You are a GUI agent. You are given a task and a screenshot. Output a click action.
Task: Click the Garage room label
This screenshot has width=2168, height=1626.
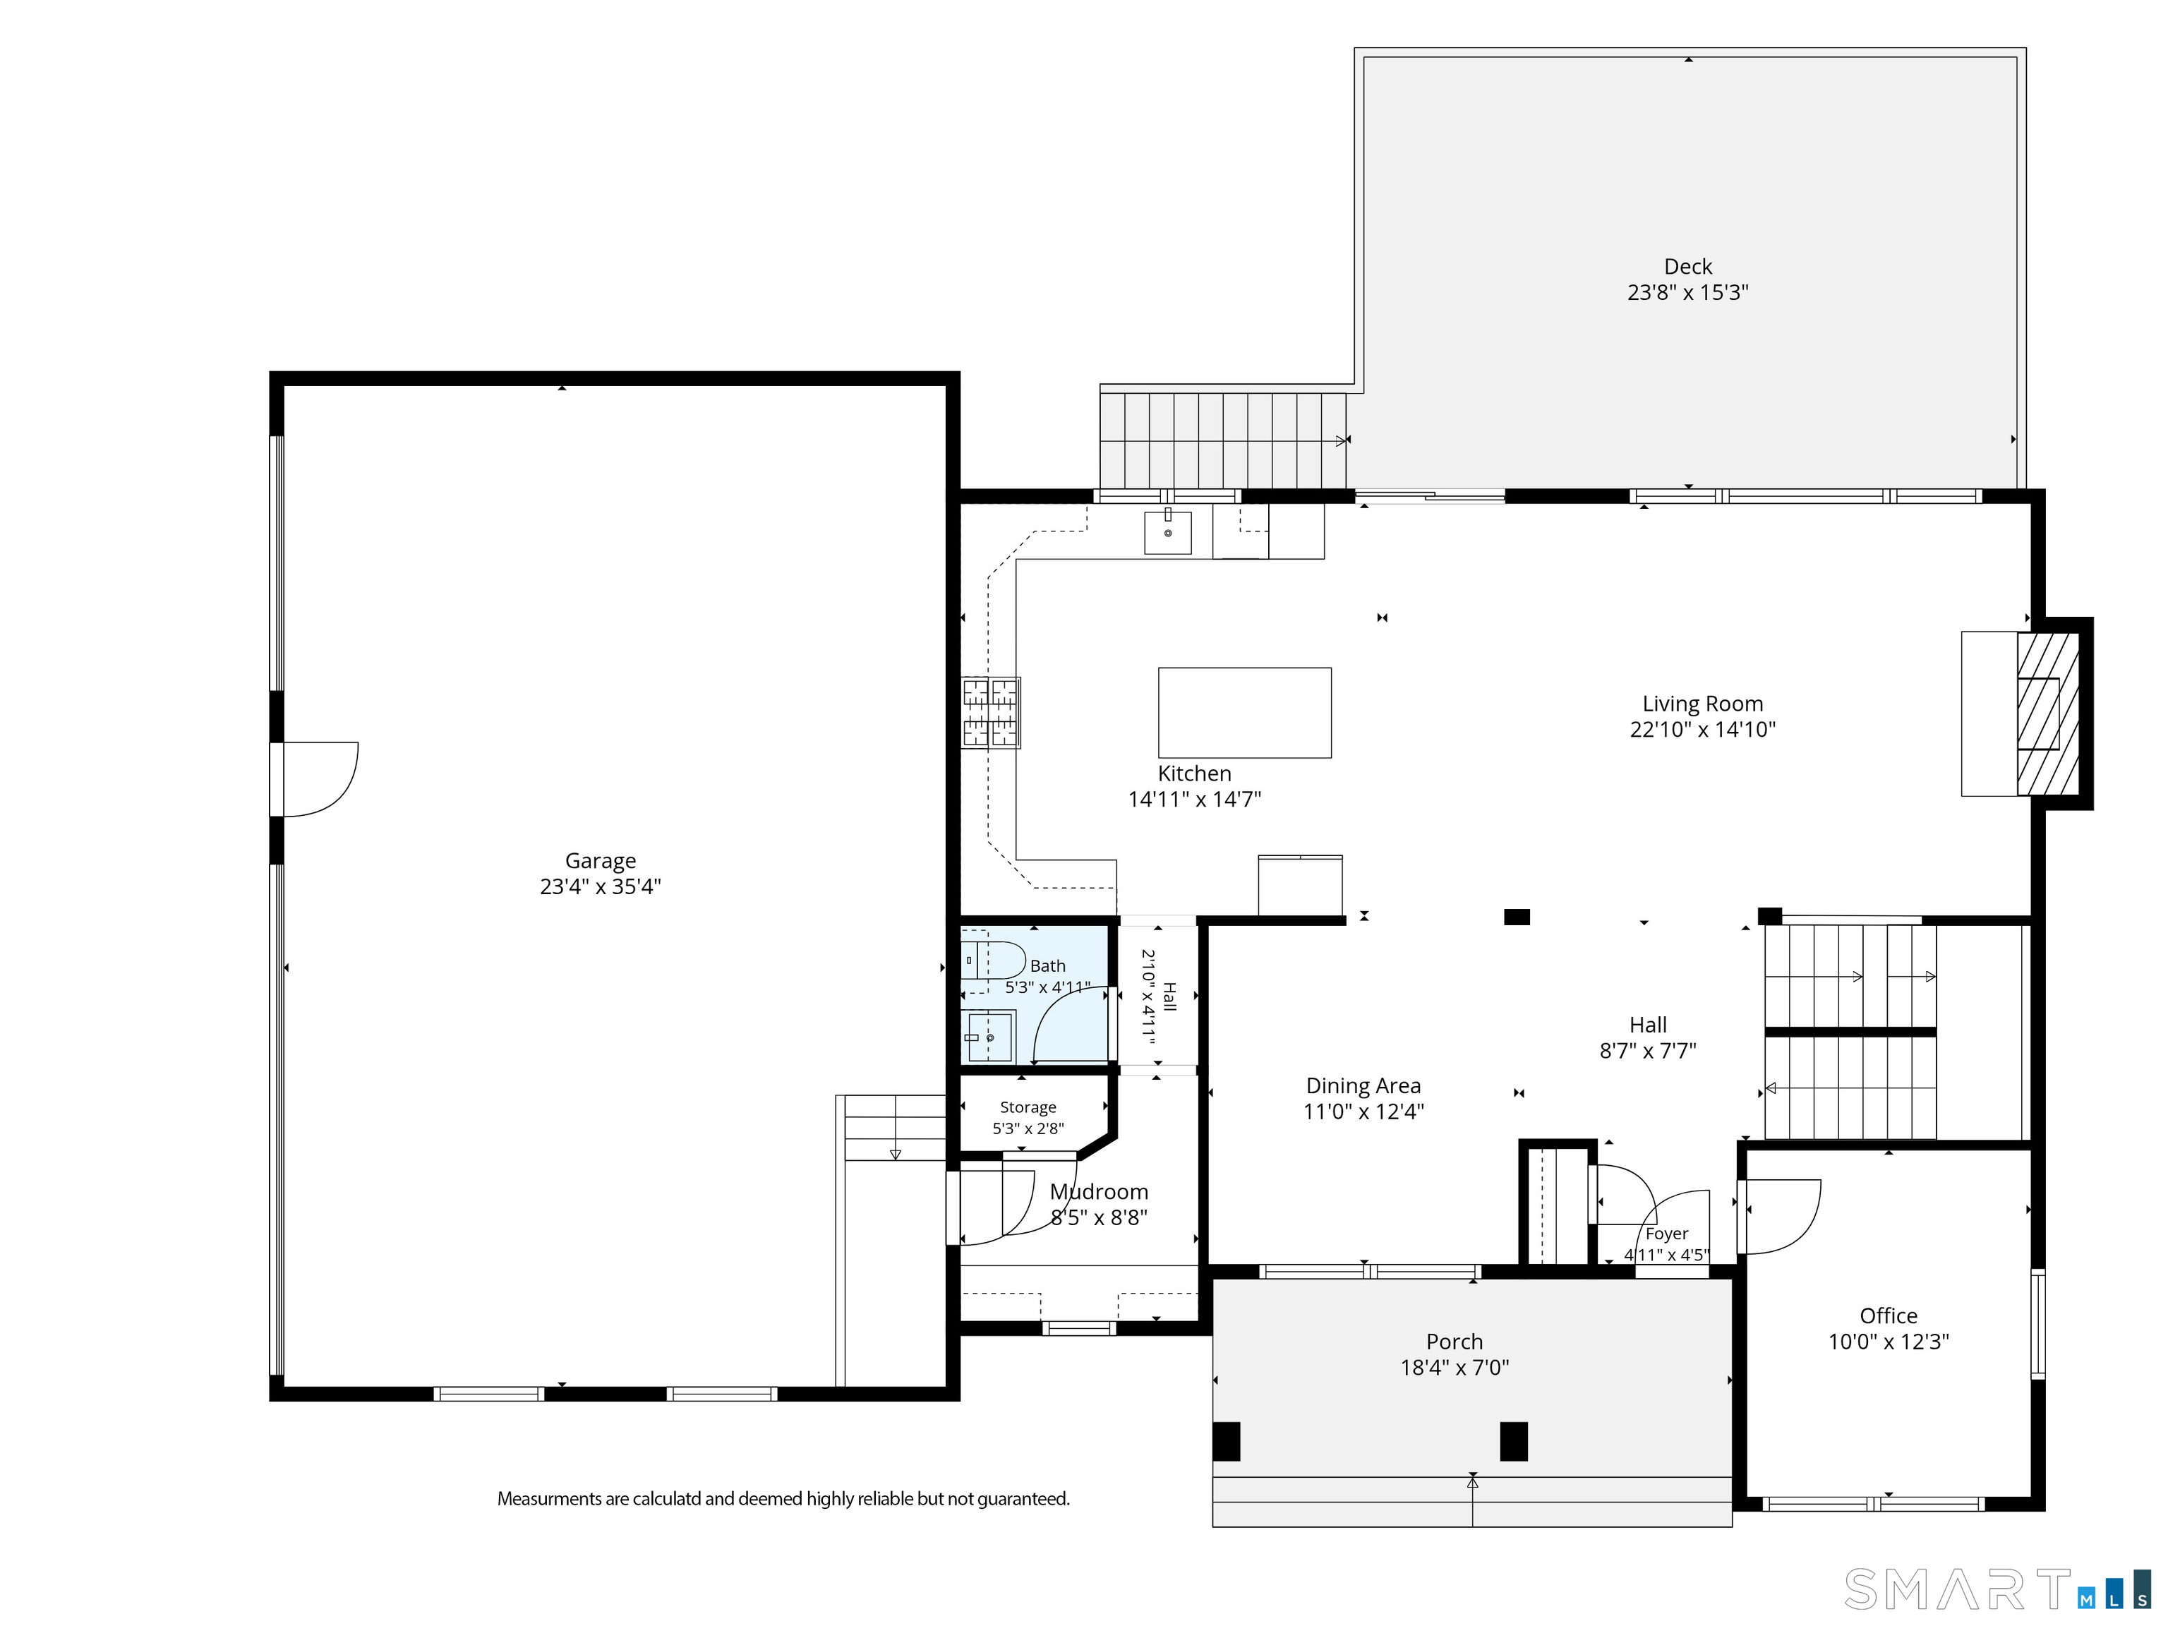click(600, 860)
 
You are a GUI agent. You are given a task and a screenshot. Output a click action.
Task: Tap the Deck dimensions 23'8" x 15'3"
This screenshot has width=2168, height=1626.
click(1687, 292)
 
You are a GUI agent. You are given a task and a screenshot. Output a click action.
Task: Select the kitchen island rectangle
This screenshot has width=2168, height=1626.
click(1245, 713)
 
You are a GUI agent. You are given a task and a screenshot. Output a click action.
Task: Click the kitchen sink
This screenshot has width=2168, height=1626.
click(1168, 531)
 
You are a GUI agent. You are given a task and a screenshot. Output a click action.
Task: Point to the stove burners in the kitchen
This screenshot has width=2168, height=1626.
click(991, 713)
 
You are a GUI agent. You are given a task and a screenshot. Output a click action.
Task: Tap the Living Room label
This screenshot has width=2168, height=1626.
click(1702, 704)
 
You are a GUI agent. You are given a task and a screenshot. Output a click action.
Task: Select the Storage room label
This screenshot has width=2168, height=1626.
click(1028, 1107)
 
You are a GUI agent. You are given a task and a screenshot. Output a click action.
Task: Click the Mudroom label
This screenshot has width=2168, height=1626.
click(1099, 1192)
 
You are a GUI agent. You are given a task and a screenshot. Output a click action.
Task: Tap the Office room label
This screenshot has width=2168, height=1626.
click(1889, 1315)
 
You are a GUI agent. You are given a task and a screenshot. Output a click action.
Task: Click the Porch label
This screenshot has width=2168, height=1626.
click(1455, 1342)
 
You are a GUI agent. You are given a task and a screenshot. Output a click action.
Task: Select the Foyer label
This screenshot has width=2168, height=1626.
click(1667, 1234)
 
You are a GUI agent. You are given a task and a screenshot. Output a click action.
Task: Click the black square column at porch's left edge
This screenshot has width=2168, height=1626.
click(1226, 1442)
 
